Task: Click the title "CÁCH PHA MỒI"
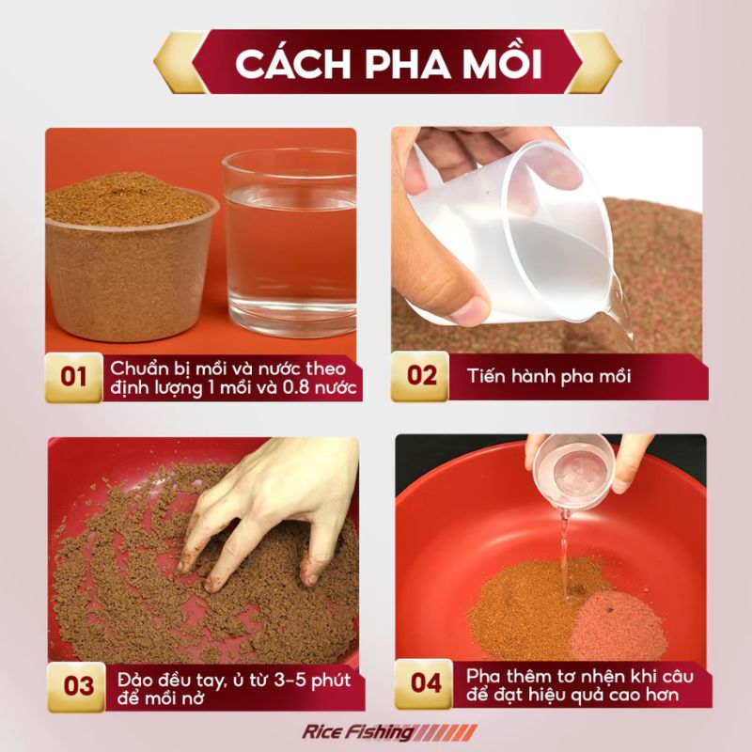(x=388, y=63)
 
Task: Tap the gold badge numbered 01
(x=74, y=378)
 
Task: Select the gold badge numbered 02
(x=420, y=377)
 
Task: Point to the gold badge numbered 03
(x=77, y=687)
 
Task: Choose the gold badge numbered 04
(x=424, y=684)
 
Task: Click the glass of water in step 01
(x=290, y=243)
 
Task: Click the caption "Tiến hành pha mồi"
(x=549, y=377)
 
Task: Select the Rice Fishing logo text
(x=358, y=732)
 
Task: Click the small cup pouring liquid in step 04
(x=573, y=472)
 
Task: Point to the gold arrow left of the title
(x=179, y=62)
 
